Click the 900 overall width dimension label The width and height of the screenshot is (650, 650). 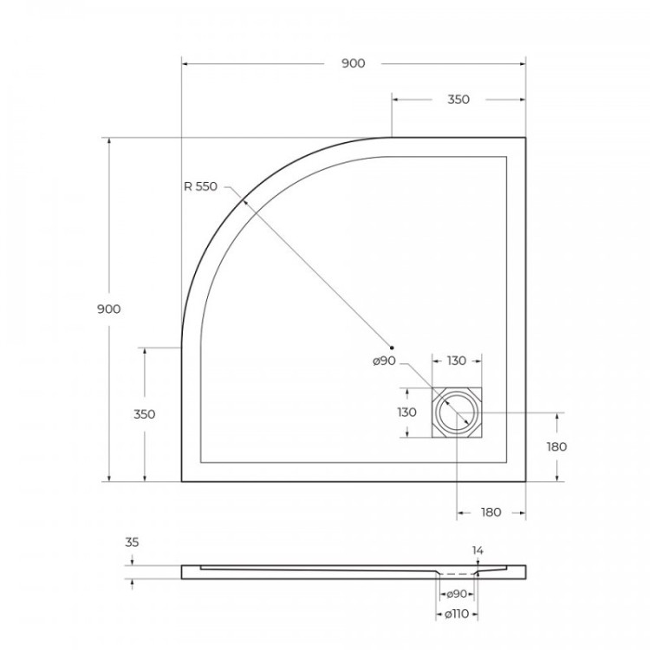coord(353,63)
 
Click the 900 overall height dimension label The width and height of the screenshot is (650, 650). coord(108,309)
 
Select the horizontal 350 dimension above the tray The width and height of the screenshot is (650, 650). coord(458,100)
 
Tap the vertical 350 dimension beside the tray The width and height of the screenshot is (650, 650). coord(145,414)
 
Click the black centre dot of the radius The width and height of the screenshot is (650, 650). coord(393,347)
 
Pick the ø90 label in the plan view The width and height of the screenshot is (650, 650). coord(385,361)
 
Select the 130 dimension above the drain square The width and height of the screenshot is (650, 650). coord(457,361)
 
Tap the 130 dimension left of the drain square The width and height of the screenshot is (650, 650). coord(408,413)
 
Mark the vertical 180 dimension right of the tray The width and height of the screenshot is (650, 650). coord(556,446)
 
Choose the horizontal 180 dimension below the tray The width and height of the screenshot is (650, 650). coord(491,512)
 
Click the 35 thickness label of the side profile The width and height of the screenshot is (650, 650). coord(132,543)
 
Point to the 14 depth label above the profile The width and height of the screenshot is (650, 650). coord(478,550)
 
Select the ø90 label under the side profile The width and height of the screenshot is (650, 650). coord(456,594)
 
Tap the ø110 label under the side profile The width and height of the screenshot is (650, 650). coord(456,614)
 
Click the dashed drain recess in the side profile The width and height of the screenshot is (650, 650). coord(457,573)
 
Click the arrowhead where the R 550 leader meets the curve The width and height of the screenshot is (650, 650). coord(244,199)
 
